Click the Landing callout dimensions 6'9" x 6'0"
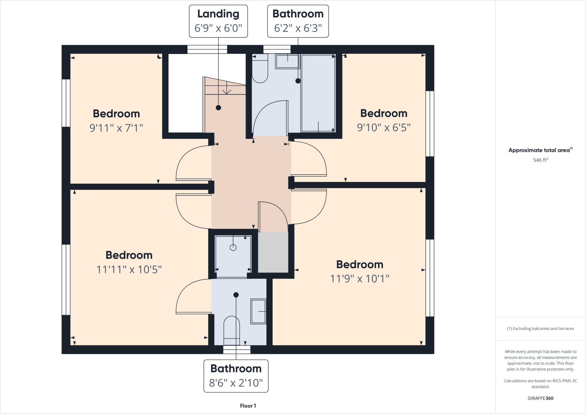click(218, 28)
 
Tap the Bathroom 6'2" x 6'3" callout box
click(298, 21)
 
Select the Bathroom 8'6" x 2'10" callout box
click(236, 376)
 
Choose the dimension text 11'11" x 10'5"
click(129, 270)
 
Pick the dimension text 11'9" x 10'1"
click(359, 279)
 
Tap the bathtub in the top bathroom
click(318, 93)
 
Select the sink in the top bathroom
click(287, 61)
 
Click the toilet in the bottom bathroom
click(232, 330)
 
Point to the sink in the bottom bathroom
click(258, 311)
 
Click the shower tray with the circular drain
click(233, 256)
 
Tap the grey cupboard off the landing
click(273, 252)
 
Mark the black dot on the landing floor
click(218, 108)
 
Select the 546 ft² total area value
click(540, 160)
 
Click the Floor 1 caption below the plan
click(248, 406)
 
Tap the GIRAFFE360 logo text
click(540, 398)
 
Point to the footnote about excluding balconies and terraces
click(540, 328)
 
